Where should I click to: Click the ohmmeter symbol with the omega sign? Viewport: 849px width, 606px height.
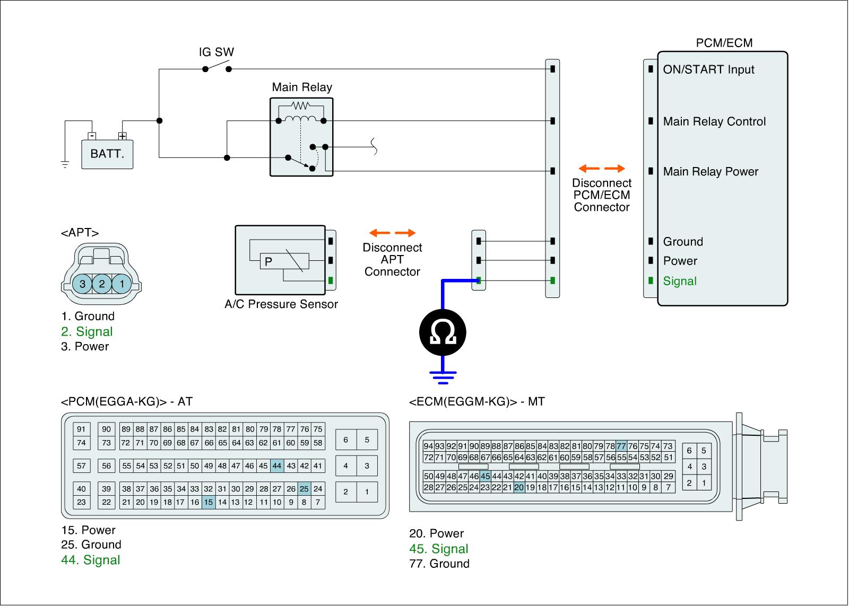point(443,332)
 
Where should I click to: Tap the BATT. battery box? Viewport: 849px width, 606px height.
point(107,154)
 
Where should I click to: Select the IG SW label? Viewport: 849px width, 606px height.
point(216,52)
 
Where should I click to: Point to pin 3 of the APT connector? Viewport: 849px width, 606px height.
point(82,284)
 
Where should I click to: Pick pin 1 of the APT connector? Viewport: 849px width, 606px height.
point(122,284)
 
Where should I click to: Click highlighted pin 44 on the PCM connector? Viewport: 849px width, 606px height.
point(277,466)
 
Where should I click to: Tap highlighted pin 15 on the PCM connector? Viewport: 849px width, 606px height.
point(209,502)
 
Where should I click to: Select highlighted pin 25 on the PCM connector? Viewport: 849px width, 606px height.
point(304,489)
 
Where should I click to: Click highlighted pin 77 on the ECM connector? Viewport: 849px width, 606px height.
point(621,446)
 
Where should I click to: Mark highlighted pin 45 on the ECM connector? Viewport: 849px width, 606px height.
point(485,476)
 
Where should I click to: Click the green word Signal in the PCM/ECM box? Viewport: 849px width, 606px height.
point(680,281)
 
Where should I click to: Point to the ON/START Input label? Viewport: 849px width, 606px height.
point(708,69)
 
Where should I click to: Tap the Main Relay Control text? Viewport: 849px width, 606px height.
point(714,121)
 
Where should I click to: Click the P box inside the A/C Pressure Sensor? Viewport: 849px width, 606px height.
point(268,261)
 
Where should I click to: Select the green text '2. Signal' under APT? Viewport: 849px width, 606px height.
point(87,332)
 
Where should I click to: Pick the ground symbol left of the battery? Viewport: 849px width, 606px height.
point(65,164)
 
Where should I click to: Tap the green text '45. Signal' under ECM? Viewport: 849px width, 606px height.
point(439,549)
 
